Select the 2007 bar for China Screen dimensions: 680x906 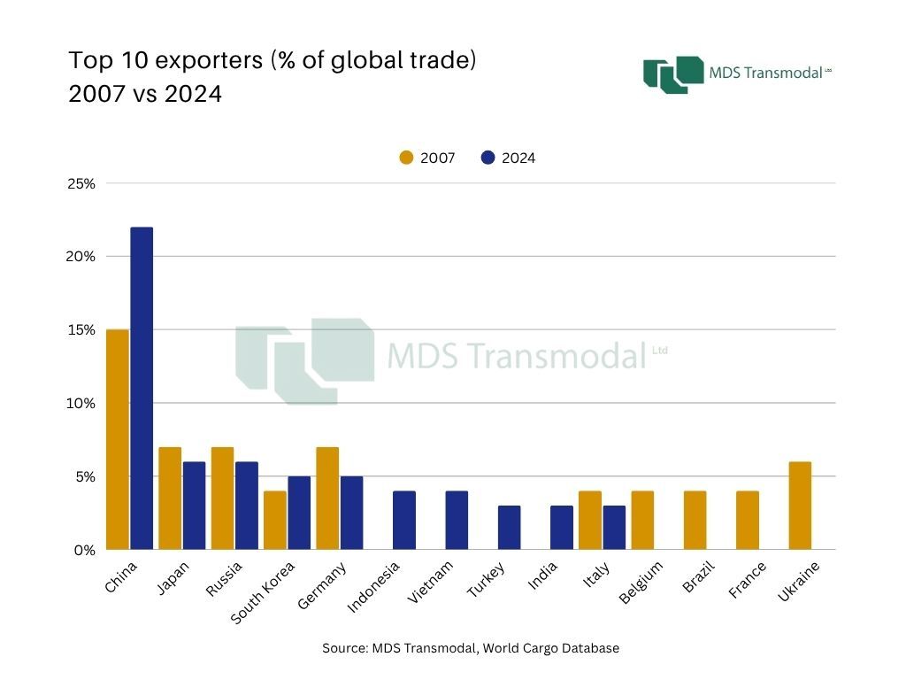[117, 439]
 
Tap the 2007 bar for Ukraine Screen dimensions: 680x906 [800, 506]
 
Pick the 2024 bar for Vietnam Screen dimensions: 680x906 [457, 520]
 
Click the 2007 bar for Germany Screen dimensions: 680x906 [327, 498]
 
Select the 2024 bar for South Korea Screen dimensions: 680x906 [299, 513]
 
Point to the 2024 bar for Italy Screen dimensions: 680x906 [614, 527]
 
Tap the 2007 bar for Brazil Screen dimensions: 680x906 [695, 520]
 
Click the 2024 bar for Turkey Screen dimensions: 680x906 [509, 527]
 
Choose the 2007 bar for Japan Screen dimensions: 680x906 [170, 498]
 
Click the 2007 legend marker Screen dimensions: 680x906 [407, 158]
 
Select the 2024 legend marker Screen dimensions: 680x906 [488, 158]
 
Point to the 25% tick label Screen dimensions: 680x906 [81, 183]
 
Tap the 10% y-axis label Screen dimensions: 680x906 [81, 403]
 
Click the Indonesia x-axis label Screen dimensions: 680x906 [374, 585]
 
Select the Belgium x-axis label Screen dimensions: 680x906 [641, 582]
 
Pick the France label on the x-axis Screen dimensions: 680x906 [749, 579]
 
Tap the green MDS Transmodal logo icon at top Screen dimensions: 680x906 [672, 74]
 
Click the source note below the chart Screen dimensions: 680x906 [471, 648]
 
